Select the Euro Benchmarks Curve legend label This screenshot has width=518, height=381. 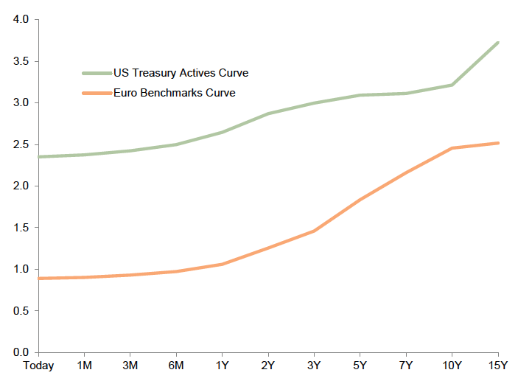[174, 93]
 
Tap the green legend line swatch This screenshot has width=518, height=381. [96, 73]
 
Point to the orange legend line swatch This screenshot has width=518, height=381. [96, 93]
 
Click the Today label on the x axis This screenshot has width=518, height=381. [38, 366]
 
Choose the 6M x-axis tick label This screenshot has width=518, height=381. [176, 366]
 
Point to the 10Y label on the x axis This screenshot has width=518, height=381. [452, 366]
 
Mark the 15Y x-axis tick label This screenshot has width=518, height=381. [498, 366]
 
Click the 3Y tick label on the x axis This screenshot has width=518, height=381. [314, 366]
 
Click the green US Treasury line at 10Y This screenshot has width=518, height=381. [452, 85]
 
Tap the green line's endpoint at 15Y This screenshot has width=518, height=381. [498, 43]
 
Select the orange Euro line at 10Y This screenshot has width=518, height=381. [452, 148]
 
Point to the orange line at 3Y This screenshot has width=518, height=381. [314, 231]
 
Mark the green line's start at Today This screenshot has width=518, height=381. [38, 157]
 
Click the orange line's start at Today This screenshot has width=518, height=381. [38, 279]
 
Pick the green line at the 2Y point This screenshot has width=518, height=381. [268, 113]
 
